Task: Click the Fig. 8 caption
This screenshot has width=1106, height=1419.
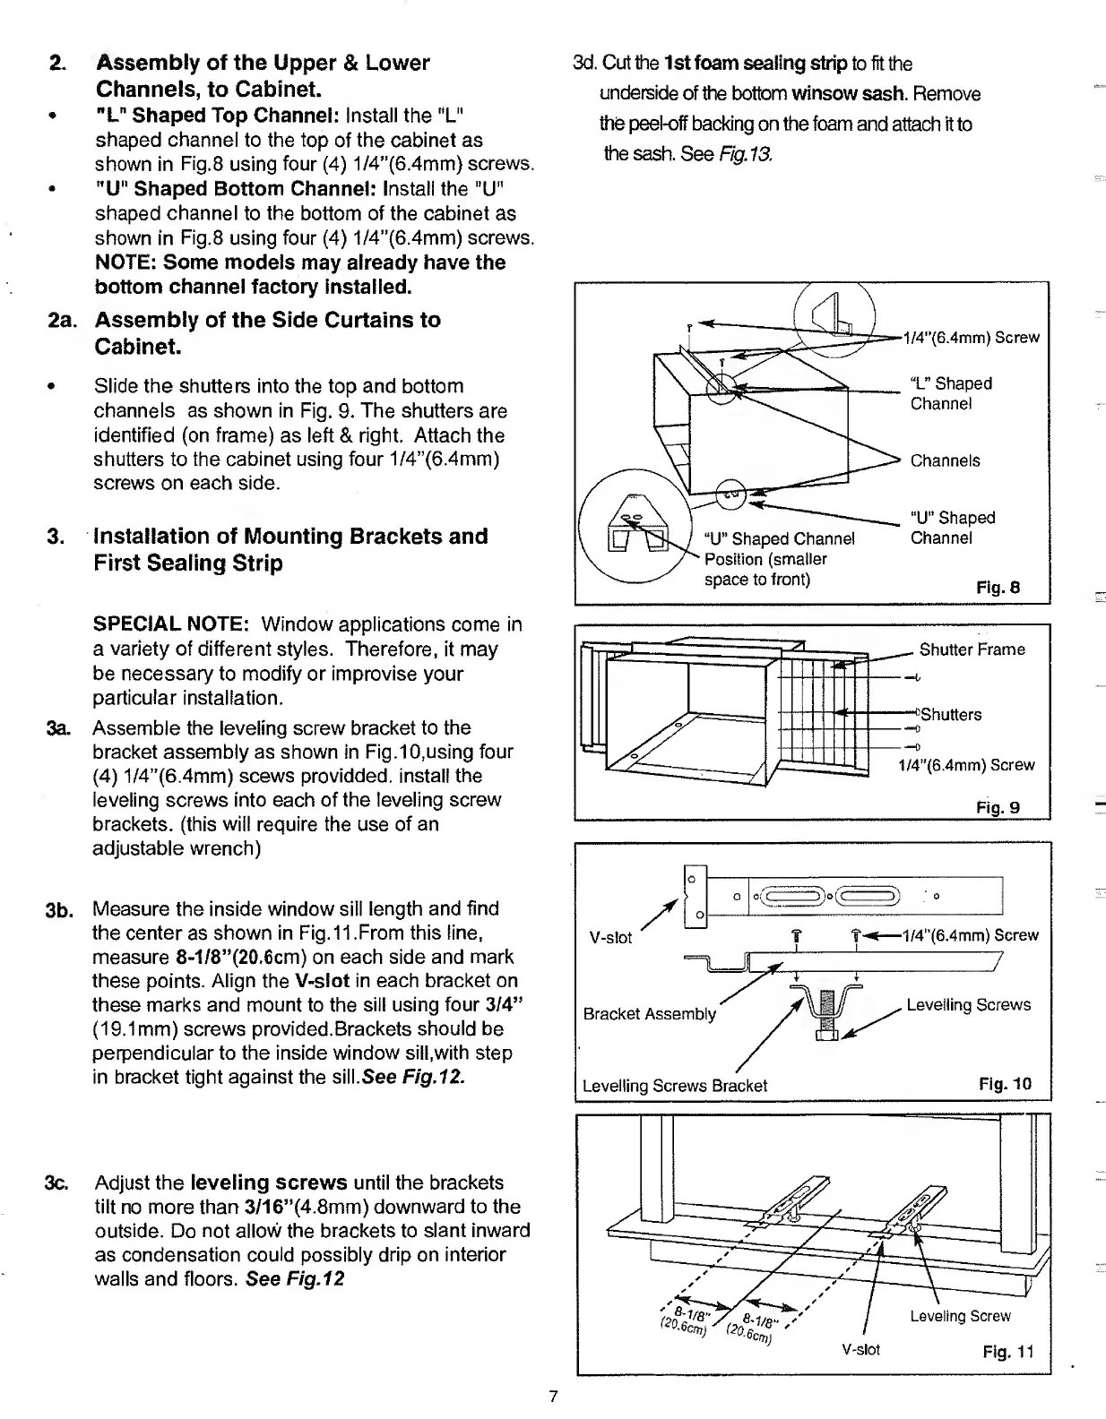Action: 998,588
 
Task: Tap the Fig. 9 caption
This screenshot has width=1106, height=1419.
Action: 998,807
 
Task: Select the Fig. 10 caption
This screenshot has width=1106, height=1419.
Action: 1006,1084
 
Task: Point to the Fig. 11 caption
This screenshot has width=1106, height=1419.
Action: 1008,1351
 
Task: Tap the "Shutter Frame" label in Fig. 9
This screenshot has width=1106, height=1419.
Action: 972,649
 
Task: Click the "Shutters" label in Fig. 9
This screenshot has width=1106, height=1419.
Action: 951,715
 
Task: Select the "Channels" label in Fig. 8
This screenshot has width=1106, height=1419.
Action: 945,461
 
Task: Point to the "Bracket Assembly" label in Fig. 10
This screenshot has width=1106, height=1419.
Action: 649,1014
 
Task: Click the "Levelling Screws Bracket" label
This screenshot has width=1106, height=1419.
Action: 674,1086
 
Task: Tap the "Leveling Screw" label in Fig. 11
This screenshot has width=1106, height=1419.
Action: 960,1316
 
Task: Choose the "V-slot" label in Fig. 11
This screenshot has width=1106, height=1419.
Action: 861,1349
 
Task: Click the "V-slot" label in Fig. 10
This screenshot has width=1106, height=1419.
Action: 610,938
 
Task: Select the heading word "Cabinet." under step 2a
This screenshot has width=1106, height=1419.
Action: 138,347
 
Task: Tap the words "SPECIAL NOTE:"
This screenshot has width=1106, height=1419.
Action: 177,623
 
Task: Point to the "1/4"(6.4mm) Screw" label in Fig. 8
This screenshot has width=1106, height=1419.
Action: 972,338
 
